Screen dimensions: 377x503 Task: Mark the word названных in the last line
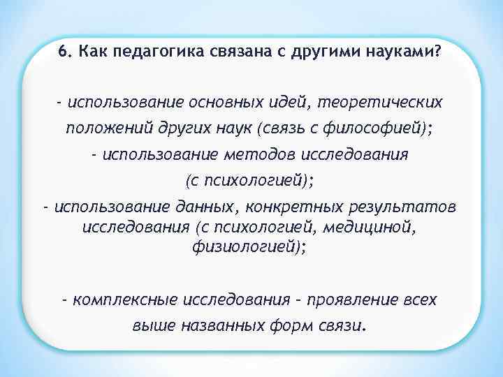click(221, 326)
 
